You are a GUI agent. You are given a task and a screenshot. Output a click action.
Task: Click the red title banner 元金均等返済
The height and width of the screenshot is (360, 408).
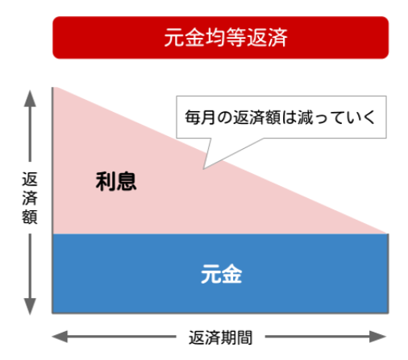[x=220, y=38]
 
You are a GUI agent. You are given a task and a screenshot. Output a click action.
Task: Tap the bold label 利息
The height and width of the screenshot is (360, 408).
[x=116, y=182]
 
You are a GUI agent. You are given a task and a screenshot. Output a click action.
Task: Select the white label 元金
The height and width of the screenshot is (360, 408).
[x=222, y=274]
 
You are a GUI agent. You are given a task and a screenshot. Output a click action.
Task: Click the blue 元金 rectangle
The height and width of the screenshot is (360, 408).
[x=220, y=273]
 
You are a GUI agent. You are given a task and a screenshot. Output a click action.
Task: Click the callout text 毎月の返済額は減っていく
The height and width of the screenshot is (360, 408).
[x=280, y=118]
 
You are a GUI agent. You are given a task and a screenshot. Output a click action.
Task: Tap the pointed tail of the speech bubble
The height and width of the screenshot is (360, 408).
[x=204, y=169]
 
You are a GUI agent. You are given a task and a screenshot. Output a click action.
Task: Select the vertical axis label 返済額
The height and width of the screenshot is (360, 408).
[x=30, y=198]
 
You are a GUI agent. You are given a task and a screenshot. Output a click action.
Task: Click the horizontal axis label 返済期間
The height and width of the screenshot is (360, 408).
[x=220, y=337]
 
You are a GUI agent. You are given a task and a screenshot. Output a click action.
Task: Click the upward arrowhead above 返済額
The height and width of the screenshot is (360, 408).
[x=30, y=98]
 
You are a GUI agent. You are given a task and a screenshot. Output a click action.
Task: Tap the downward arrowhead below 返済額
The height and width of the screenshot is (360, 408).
[x=30, y=306]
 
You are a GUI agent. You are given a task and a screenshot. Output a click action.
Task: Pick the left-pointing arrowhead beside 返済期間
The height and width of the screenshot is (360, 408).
[x=60, y=337]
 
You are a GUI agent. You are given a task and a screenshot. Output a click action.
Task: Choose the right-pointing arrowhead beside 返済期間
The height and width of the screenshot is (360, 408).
[x=378, y=337]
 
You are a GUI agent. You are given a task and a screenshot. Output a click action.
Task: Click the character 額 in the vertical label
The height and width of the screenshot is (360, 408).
[x=30, y=217]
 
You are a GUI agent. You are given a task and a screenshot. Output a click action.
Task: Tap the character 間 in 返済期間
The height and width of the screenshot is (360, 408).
[x=244, y=337]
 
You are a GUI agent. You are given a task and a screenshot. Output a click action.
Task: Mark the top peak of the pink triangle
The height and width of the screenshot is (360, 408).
[x=54, y=88]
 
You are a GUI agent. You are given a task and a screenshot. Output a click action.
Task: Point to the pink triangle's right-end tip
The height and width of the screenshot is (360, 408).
[x=386, y=233]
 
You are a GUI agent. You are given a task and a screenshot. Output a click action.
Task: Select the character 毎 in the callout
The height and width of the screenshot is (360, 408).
[x=193, y=118]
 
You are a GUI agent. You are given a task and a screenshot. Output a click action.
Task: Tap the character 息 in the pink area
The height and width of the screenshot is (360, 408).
[x=127, y=182]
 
